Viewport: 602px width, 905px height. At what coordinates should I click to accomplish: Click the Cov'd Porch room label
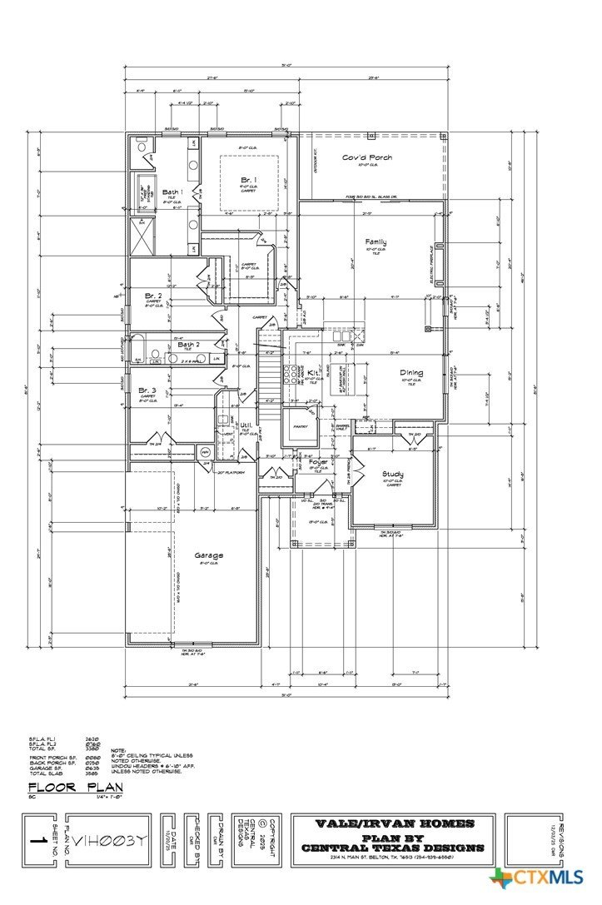[x=367, y=157]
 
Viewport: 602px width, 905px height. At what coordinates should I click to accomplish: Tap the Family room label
[x=376, y=242]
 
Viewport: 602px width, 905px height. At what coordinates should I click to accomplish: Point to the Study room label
[x=393, y=475]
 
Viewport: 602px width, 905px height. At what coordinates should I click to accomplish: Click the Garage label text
[x=208, y=555]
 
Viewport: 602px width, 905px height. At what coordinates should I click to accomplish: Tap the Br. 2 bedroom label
[x=152, y=295]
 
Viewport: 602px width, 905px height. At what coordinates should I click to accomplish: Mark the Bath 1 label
[x=172, y=191]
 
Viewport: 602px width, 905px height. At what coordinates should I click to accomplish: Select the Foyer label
[x=318, y=461]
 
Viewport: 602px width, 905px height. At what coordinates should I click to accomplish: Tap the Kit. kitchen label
[x=313, y=372]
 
